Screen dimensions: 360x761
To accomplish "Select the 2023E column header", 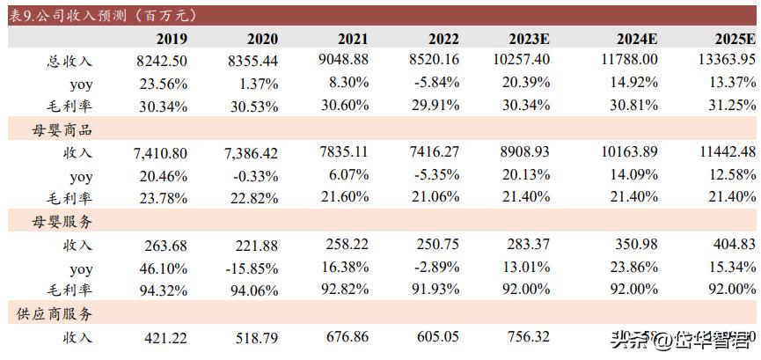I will [x=529, y=39].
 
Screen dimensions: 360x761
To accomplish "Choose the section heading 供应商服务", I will [x=62, y=313].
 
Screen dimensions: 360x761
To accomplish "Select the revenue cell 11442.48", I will [x=727, y=153].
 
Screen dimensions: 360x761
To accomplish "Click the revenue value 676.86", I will [x=346, y=337].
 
